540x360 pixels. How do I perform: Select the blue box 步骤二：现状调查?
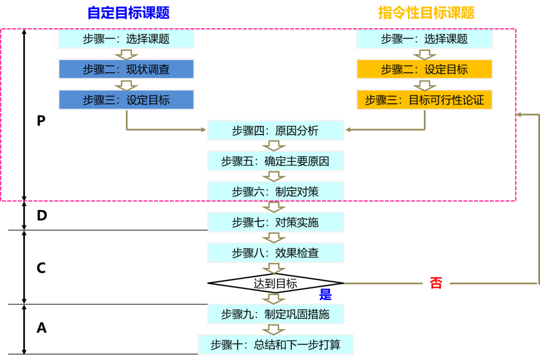126,69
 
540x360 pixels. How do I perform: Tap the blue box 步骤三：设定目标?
126,100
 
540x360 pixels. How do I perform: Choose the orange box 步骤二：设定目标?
424,69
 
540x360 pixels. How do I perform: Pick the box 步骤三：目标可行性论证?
424,100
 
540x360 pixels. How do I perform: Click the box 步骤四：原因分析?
275,131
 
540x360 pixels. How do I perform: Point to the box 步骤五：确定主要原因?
275,161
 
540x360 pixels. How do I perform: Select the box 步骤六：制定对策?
275,191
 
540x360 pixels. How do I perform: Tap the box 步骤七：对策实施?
275,222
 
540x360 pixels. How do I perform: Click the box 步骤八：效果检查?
275,252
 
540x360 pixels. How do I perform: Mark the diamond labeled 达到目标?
275,283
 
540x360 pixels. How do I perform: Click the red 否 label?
436,283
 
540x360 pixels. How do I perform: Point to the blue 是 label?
325,295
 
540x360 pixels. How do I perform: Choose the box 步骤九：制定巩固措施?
275,314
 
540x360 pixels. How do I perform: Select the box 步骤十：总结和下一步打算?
275,345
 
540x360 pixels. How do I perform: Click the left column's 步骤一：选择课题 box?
126,39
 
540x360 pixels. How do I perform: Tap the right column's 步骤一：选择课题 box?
424,39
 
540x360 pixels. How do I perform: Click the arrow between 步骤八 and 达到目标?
274,268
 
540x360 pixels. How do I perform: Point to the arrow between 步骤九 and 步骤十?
274,329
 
